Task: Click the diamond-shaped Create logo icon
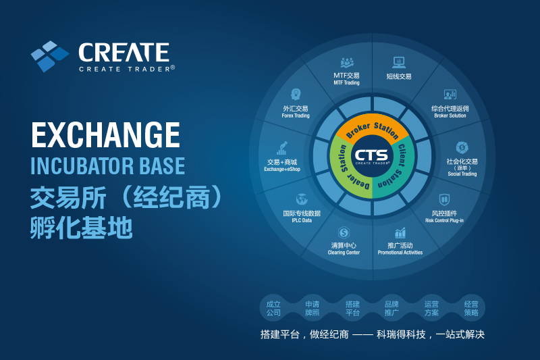tap(50, 56)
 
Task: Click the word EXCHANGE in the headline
tap(106, 134)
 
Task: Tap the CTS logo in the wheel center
tap(372, 156)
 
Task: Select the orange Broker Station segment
tap(373, 126)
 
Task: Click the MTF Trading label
tap(346, 82)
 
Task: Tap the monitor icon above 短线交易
tap(399, 62)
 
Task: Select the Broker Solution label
tap(450, 115)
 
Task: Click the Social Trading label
tap(462, 174)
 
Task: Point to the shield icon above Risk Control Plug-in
tap(444, 199)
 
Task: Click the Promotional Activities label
tap(400, 253)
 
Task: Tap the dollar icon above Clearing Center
tap(344, 232)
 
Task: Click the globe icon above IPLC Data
tap(301, 199)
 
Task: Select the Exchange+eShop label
tap(282, 169)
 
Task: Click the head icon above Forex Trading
tap(296, 94)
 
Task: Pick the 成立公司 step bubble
tap(273, 308)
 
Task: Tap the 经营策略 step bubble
tap(471, 308)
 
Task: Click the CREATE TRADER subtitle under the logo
tap(127, 69)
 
